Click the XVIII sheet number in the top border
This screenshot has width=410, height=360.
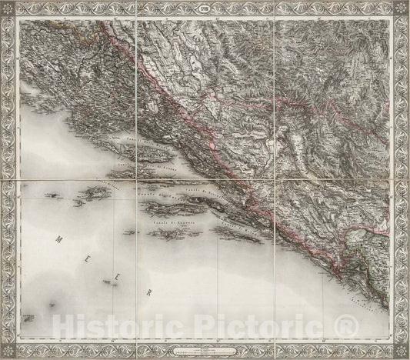205,12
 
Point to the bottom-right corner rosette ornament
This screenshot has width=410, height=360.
398,348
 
